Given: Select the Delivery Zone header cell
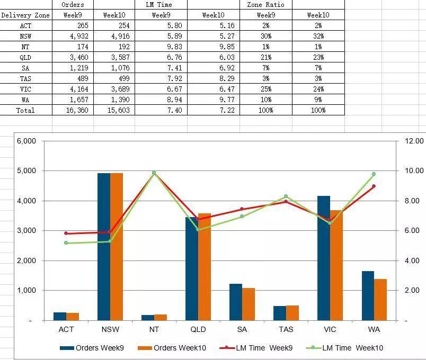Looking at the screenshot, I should tap(25, 15).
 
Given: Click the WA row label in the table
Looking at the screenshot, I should tap(25, 100).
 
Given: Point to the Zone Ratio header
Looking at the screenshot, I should tap(265, 4).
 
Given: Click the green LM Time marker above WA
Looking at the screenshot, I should tap(374, 174).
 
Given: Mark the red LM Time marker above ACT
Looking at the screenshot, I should tap(66, 233).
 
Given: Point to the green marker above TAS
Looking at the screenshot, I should tap(286, 196).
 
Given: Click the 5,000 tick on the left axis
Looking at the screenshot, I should tap(26, 171).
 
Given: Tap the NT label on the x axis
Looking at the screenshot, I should tap(154, 329).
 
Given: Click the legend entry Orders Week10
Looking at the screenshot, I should tap(172, 348).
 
